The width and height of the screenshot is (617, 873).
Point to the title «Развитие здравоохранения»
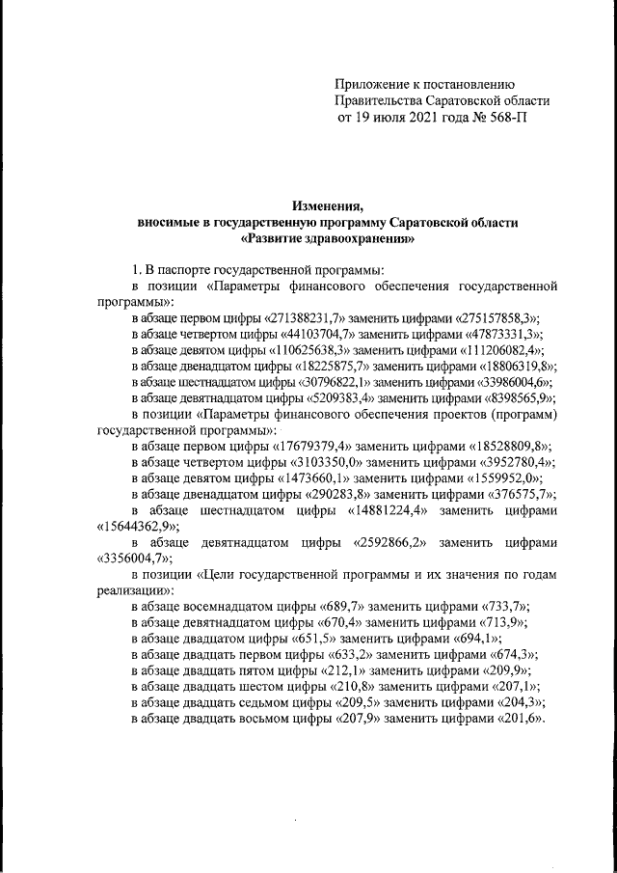[328, 237]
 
